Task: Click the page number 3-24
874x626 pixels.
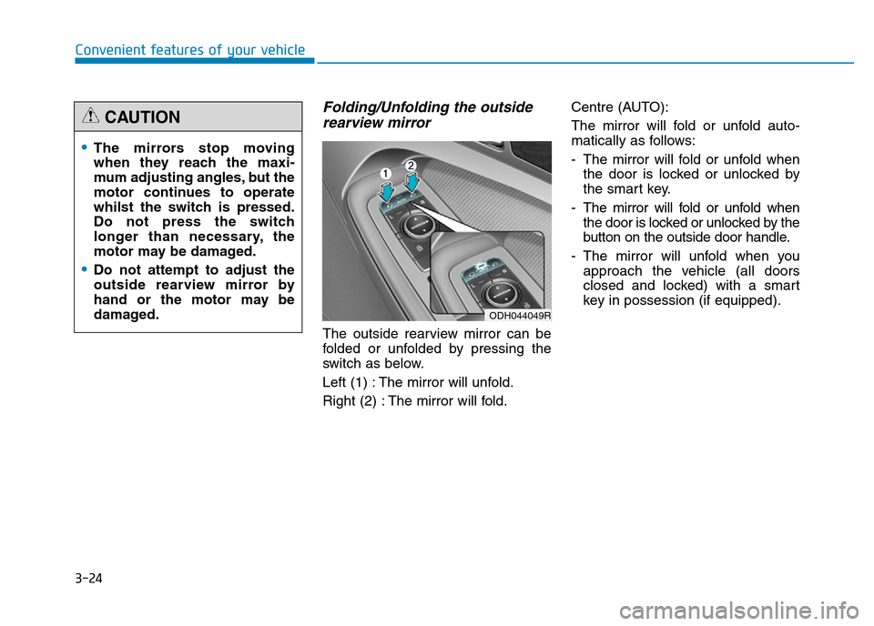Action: click(x=88, y=577)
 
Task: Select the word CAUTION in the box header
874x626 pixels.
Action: click(x=142, y=117)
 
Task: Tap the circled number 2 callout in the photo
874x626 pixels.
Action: click(x=411, y=165)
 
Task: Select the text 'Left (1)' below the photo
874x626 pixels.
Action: click(x=347, y=381)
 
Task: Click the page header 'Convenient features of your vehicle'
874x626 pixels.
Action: click(x=189, y=50)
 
